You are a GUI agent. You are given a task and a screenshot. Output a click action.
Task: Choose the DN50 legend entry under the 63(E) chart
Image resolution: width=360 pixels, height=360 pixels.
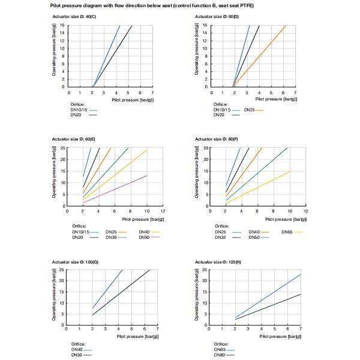(x=145, y=238)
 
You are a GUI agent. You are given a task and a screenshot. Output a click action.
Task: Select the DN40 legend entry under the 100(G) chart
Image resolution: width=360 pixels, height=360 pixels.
(x=77, y=349)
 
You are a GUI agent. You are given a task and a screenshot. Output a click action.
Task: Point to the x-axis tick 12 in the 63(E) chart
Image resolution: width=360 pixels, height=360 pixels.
(x=163, y=212)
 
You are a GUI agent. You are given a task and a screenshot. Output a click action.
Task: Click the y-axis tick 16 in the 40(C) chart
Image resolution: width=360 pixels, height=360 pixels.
(x=62, y=25)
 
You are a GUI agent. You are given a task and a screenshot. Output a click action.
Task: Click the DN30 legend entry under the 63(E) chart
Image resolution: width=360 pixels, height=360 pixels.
(x=111, y=238)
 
